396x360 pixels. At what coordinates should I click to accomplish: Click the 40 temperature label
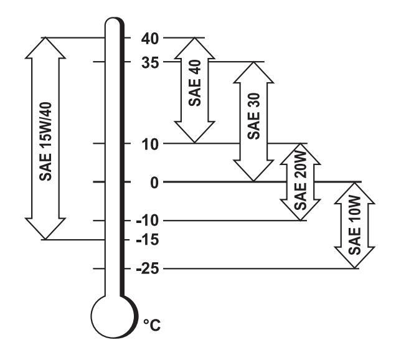coord(151,38)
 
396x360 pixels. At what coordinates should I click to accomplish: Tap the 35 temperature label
coord(151,62)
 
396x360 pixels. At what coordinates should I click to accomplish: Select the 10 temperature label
coord(151,144)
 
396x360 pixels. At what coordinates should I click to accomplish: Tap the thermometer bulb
coord(113,315)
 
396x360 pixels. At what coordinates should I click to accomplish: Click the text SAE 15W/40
coord(45,138)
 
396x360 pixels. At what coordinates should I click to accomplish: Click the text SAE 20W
coord(301,182)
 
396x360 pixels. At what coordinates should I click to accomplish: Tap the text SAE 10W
coord(355,225)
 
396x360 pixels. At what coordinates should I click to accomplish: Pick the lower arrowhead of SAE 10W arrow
coord(355,259)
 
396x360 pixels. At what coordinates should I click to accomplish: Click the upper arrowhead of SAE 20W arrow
coord(301,153)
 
